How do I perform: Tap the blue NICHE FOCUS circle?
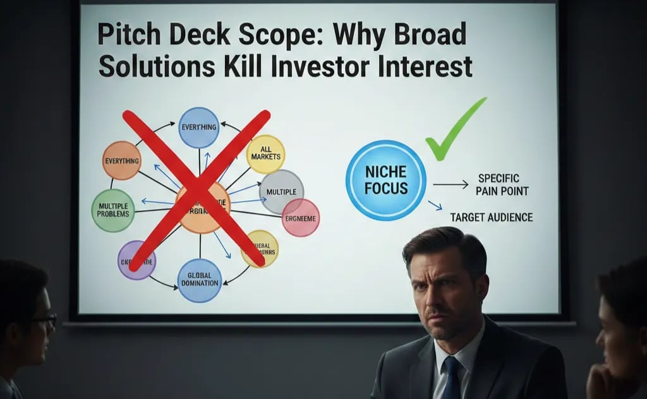385,180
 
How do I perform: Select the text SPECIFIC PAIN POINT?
503,184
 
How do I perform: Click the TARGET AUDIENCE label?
491,217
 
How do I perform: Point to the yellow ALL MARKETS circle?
265,154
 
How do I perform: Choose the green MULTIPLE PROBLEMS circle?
112,210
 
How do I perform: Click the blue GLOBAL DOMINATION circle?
199,280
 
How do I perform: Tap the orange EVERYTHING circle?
121,160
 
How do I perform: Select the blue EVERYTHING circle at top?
198,128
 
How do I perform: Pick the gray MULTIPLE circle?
282,191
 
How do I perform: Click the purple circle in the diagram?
136,259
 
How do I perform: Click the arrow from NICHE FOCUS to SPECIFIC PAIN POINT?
450,184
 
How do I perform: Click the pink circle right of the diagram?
301,217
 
